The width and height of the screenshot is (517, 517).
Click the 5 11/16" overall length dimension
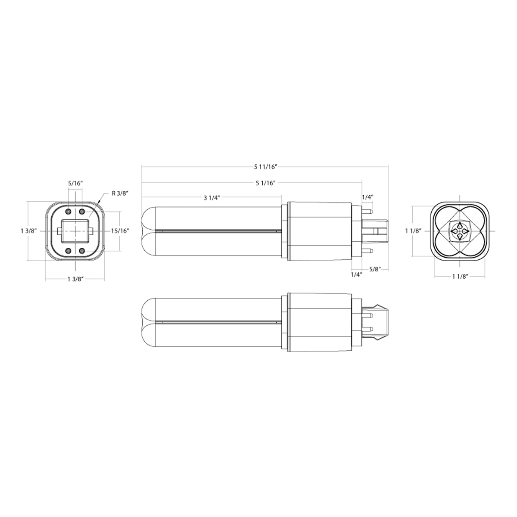click(265, 167)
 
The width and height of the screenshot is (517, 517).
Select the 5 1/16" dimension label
click(266, 183)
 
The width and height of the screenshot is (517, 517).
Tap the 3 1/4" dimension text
click(212, 198)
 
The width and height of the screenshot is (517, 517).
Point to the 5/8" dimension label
click(375, 269)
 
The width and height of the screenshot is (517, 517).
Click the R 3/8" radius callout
click(120, 193)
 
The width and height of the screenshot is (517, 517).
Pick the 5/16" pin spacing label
click(75, 183)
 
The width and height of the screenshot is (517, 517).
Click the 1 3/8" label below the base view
click(76, 279)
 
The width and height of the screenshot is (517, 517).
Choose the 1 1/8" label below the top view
click(460, 276)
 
